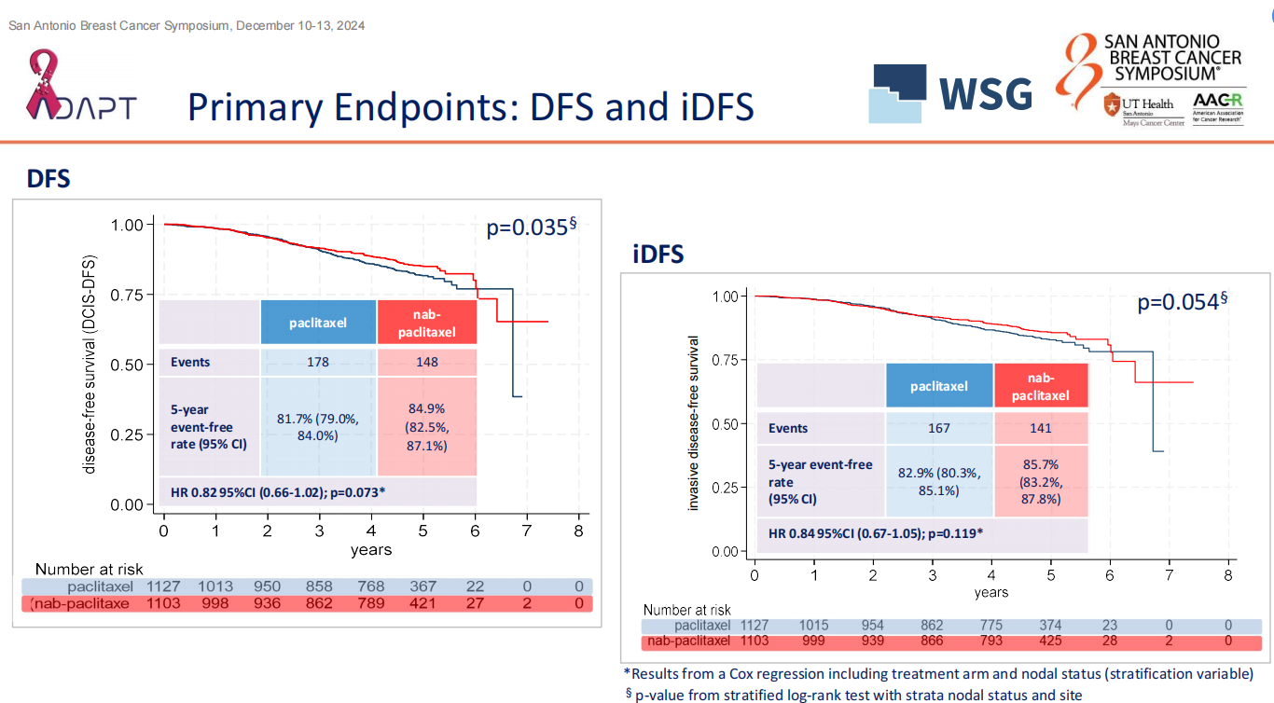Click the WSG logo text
pos(985,94)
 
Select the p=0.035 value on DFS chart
pos(527,227)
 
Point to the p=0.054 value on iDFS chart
pos(1177,301)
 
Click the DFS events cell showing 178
pos(318,362)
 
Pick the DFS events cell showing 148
pos(427,362)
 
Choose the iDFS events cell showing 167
pos(938,428)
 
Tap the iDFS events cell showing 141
pos(1041,428)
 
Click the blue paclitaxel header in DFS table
pos(318,323)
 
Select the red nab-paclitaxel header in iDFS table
pos(1041,386)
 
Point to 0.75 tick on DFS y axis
pos(127,295)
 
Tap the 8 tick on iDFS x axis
pos(1228,574)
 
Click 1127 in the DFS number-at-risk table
pos(164,586)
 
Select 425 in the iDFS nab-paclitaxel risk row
pos(1050,641)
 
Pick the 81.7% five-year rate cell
pos(318,427)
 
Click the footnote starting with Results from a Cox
pos(938,674)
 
